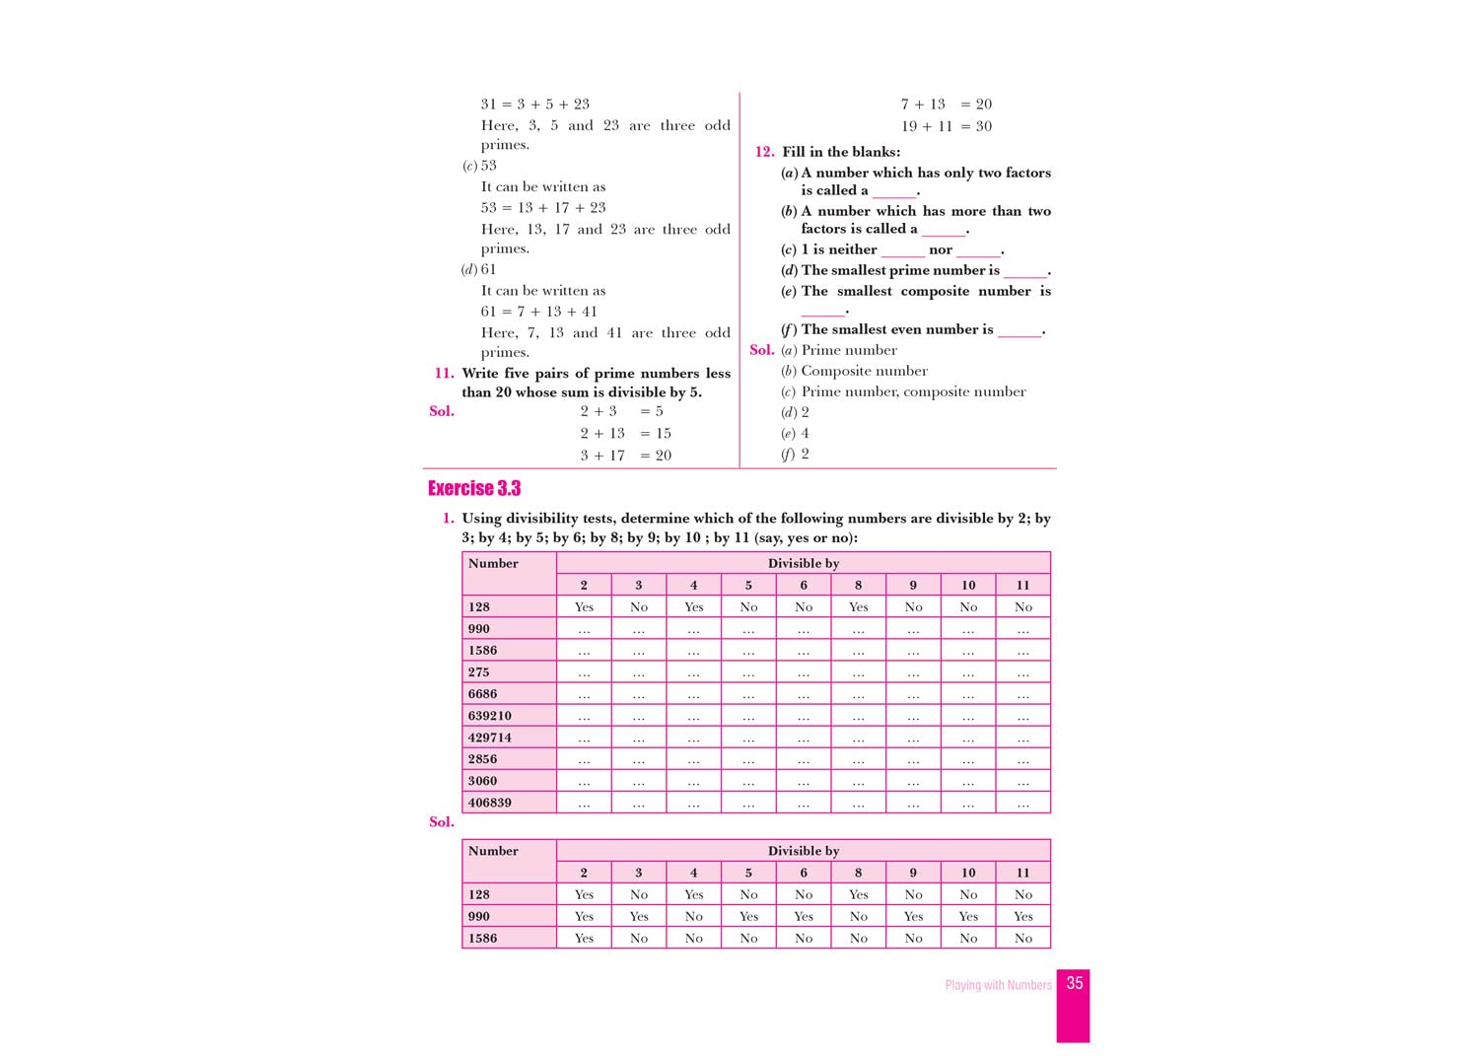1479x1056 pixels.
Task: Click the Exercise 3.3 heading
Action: pyautogui.click(x=474, y=488)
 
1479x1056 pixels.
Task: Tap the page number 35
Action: pyautogui.click(x=1075, y=983)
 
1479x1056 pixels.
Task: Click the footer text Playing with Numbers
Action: pyautogui.click(x=998, y=985)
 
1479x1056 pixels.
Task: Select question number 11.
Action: pyautogui.click(x=444, y=373)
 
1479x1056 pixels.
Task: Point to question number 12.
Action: pyautogui.click(x=764, y=152)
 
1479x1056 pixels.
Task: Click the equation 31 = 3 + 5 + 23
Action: pyautogui.click(x=535, y=104)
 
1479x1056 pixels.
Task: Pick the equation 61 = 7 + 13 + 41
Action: pyautogui.click(x=539, y=312)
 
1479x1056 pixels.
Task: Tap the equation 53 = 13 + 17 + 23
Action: pyautogui.click(x=543, y=208)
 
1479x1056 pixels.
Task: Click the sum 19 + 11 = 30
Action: pyautogui.click(x=947, y=126)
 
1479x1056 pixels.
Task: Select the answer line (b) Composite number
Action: pyautogui.click(x=854, y=371)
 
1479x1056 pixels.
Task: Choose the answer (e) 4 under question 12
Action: pyautogui.click(x=795, y=433)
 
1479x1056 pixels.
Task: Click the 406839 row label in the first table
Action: pyautogui.click(x=490, y=803)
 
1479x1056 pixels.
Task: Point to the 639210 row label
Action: pyautogui.click(x=490, y=716)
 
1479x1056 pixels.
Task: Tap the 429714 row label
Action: pyautogui.click(x=490, y=738)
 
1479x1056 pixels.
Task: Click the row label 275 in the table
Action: pyautogui.click(x=479, y=672)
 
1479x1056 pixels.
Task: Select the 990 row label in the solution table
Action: pyautogui.click(x=479, y=916)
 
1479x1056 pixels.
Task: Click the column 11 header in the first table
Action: pyautogui.click(x=1022, y=585)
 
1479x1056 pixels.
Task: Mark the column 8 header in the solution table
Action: pyautogui.click(x=858, y=873)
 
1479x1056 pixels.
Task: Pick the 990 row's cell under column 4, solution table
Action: pyautogui.click(x=693, y=916)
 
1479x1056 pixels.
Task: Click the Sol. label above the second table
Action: pyautogui.click(x=442, y=821)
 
